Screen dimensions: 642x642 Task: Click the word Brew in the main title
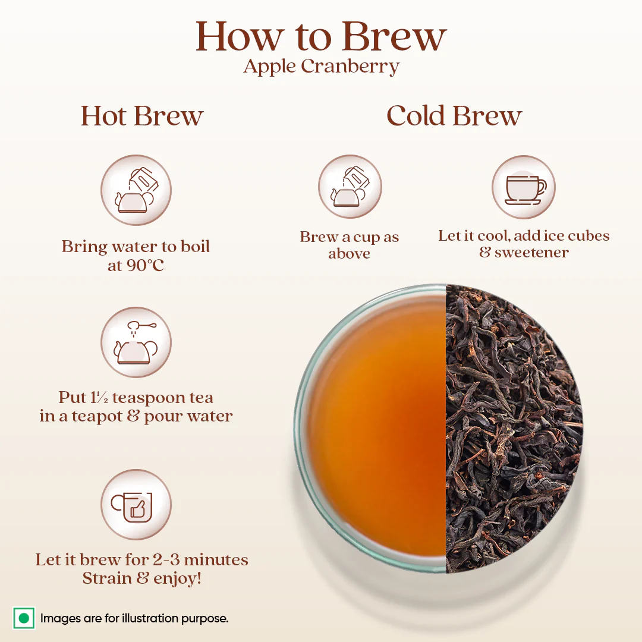[394, 37]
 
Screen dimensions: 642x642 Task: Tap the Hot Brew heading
[142, 116]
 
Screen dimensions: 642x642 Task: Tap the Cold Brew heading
[454, 116]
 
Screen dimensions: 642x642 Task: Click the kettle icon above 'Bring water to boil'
[136, 190]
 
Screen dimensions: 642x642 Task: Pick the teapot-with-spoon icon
[136, 342]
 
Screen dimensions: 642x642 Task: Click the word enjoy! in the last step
[177, 578]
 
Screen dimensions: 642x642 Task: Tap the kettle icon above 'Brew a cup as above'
[350, 187]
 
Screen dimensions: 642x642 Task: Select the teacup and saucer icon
[524, 187]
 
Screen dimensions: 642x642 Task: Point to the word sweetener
[531, 253]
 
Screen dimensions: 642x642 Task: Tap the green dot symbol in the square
[24, 618]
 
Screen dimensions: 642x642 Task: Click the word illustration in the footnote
[160, 618]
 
